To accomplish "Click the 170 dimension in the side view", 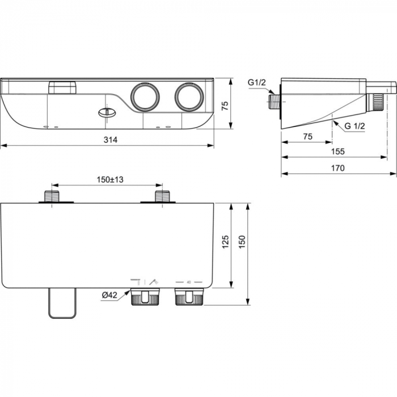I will [338, 168].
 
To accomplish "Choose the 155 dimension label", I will [338, 152].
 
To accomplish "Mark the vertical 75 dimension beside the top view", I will [225, 105].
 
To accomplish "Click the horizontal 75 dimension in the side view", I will [307, 136].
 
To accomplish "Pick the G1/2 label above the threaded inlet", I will [256, 83].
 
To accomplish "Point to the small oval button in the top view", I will [105, 112].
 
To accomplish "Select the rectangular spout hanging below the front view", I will [62, 302].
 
